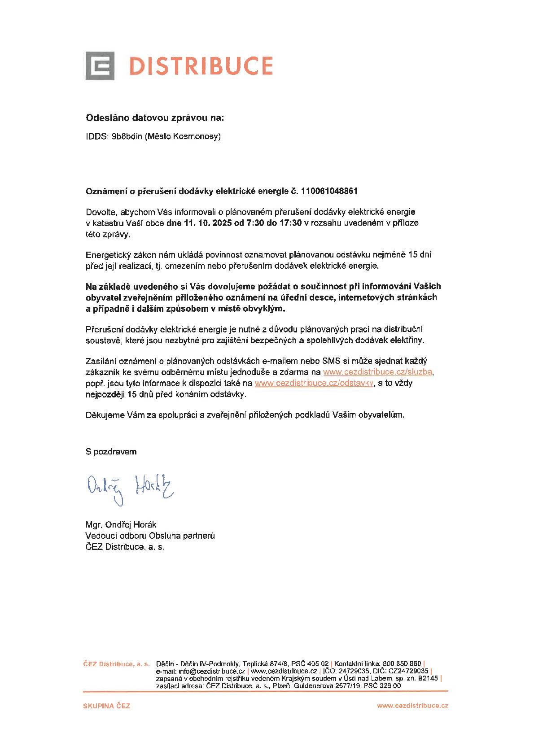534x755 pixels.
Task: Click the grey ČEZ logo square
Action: click(100, 66)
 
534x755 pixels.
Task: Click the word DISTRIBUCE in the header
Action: click(201, 66)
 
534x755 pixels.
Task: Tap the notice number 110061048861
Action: click(329, 191)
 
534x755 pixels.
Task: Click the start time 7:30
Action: click(255, 223)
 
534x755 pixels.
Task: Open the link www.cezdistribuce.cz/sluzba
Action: click(378, 372)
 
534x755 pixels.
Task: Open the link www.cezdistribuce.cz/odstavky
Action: click(314, 384)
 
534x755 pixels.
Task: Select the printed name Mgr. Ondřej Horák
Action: click(121, 524)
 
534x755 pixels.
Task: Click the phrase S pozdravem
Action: click(111, 452)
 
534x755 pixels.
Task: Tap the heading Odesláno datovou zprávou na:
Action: click(154, 118)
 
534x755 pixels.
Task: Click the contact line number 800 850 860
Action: click(402, 663)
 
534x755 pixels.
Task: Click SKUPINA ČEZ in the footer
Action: click(106, 706)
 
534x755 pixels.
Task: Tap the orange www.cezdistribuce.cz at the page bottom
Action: click(412, 706)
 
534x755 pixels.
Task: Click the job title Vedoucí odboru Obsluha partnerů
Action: click(150, 536)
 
